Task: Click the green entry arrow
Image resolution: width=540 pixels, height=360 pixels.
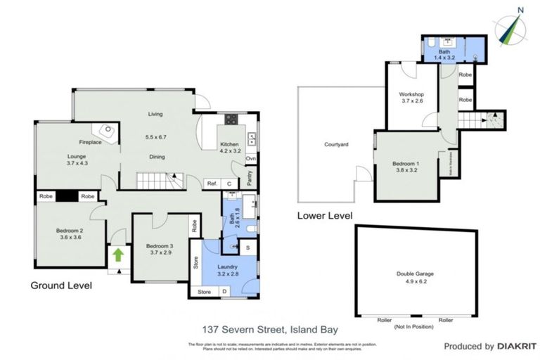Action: (118, 254)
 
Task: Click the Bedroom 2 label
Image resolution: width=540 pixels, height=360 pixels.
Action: (72, 233)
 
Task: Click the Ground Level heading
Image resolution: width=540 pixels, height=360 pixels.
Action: (61, 286)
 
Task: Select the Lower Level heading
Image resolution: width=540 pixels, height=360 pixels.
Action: (325, 216)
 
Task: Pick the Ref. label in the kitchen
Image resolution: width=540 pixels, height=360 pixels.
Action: (211, 184)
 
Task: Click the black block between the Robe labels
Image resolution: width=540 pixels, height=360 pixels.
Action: (67, 197)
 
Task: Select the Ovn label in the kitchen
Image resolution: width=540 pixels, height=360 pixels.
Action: (250, 157)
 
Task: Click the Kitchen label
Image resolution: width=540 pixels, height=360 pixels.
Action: (230, 143)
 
